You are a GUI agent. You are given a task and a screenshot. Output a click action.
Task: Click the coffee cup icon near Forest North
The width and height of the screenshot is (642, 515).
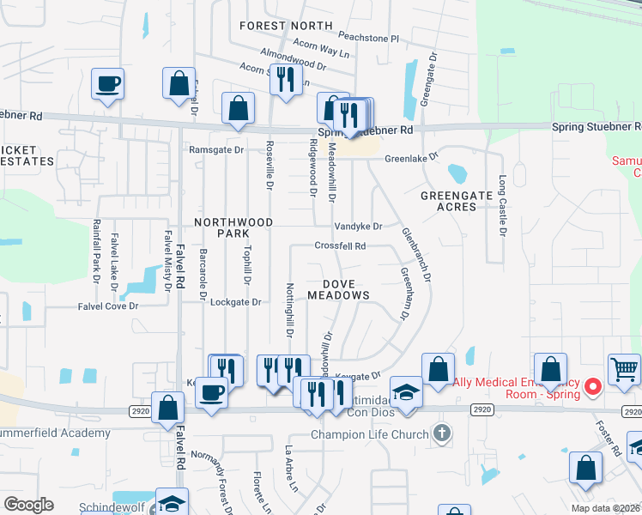(x=109, y=84)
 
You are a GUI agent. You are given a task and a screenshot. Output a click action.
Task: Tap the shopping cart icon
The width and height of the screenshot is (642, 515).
(x=624, y=370)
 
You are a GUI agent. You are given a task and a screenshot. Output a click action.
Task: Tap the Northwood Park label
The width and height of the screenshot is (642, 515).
(x=233, y=227)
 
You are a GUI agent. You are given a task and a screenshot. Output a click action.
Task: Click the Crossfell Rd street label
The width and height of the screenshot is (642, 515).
(x=341, y=246)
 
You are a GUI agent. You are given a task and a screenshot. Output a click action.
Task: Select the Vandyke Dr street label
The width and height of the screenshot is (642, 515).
(x=357, y=227)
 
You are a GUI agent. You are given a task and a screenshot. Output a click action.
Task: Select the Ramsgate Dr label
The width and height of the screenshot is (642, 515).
(x=216, y=150)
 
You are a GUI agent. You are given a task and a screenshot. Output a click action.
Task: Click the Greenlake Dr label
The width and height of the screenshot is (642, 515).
(x=411, y=159)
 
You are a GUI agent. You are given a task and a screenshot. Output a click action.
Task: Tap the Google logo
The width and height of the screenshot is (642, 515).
(x=28, y=505)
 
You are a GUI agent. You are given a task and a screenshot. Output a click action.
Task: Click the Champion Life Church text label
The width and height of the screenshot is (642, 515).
(x=370, y=434)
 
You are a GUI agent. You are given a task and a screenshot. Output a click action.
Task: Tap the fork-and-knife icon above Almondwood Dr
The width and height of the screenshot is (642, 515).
(x=282, y=79)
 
